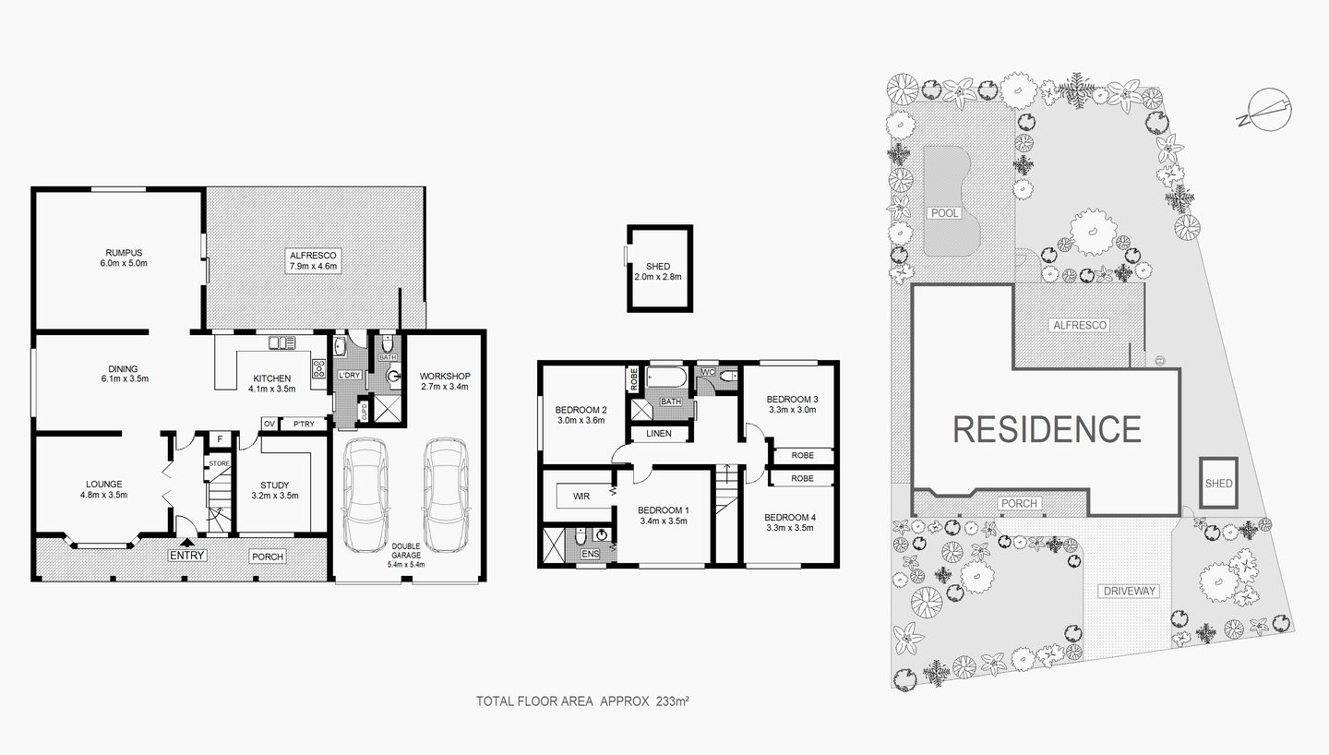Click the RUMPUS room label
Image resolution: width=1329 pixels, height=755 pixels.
tap(123, 252)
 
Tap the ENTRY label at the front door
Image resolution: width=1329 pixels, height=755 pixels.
tap(186, 555)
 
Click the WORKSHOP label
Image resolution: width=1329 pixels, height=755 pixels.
tap(445, 376)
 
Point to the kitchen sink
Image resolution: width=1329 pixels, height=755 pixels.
tap(282, 343)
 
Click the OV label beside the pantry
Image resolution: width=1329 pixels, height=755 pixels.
tap(269, 425)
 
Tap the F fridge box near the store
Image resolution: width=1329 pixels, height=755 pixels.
tap(220, 438)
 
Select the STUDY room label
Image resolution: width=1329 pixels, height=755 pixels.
tap(274, 485)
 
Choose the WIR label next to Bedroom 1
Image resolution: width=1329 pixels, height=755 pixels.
tap(581, 497)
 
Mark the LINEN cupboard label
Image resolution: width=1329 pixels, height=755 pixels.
tap(658, 434)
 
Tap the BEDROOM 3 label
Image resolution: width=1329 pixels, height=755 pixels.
tap(793, 400)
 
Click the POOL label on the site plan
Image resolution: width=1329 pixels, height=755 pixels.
tap(945, 213)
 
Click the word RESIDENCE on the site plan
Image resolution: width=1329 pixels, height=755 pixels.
tap(1047, 428)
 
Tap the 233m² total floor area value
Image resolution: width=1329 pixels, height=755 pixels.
tap(672, 701)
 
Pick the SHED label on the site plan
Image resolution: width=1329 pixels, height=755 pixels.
tap(1218, 483)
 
